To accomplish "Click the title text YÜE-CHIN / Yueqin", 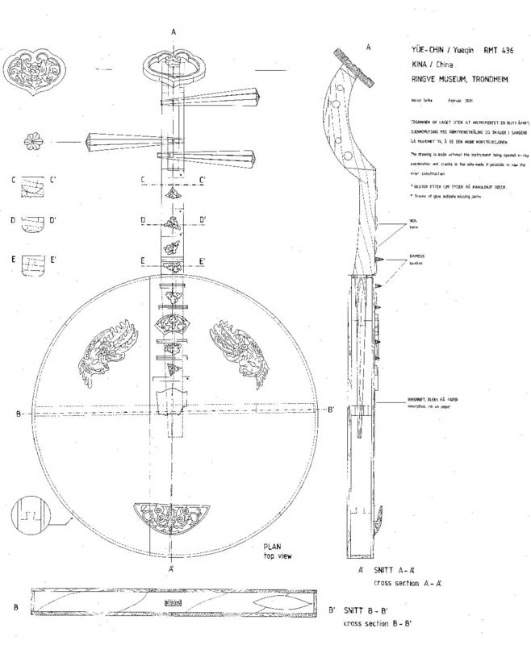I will click(x=436, y=49).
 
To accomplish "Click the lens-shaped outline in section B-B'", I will click(x=279, y=601).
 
